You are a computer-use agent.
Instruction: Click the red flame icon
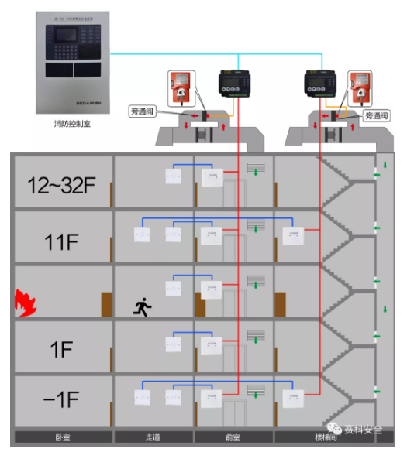pyautogui.click(x=26, y=302)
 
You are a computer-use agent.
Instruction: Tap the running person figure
pyautogui.click(x=142, y=307)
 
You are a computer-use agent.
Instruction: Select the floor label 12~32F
pyautogui.click(x=59, y=186)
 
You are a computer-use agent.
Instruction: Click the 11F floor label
pyautogui.click(x=60, y=241)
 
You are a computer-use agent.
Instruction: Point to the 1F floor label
pyautogui.click(x=60, y=349)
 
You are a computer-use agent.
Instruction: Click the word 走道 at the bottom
pyautogui.click(x=153, y=437)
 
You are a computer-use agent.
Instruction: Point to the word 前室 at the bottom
pyautogui.click(x=233, y=437)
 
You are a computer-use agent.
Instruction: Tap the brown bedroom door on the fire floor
pyautogui.click(x=105, y=303)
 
